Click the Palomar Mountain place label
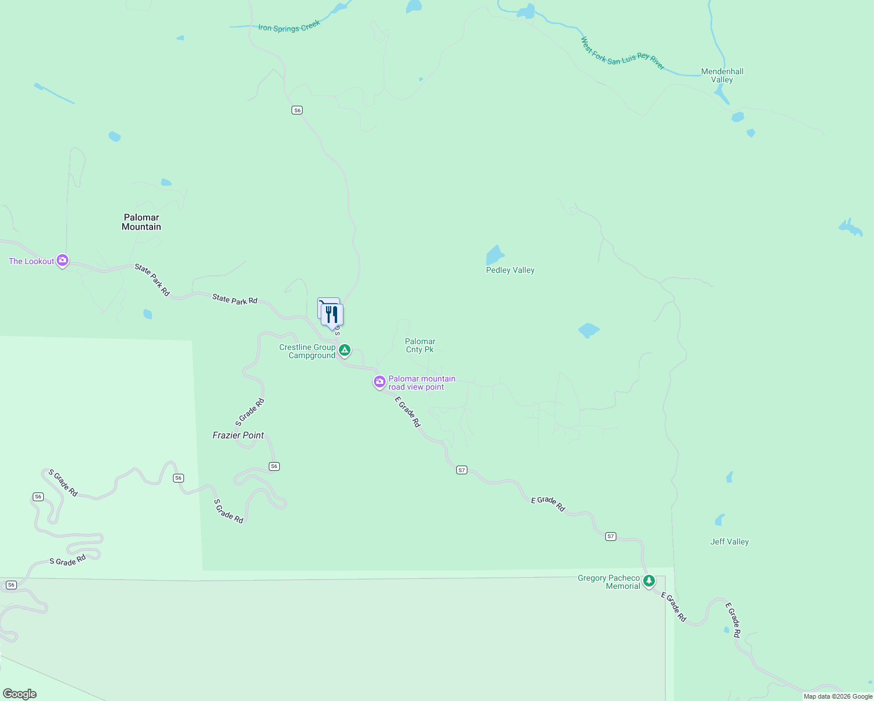(141, 222)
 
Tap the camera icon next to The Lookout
(63, 261)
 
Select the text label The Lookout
(32, 261)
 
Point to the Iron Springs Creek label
(289, 26)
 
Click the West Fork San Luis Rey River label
(622, 54)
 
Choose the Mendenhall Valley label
(722, 75)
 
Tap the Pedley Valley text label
(510, 270)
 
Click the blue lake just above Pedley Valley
(495, 255)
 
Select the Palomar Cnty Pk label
(420, 345)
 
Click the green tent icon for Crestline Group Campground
(345, 350)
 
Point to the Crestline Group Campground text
(308, 351)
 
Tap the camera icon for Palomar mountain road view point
(380, 382)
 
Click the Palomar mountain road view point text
(422, 383)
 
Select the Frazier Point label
(238, 435)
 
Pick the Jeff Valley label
(729, 542)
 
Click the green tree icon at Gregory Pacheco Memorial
(648, 581)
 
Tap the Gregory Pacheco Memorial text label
(609, 582)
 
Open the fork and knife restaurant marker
(332, 315)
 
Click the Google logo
(20, 694)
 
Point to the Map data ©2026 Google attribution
(838, 696)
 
